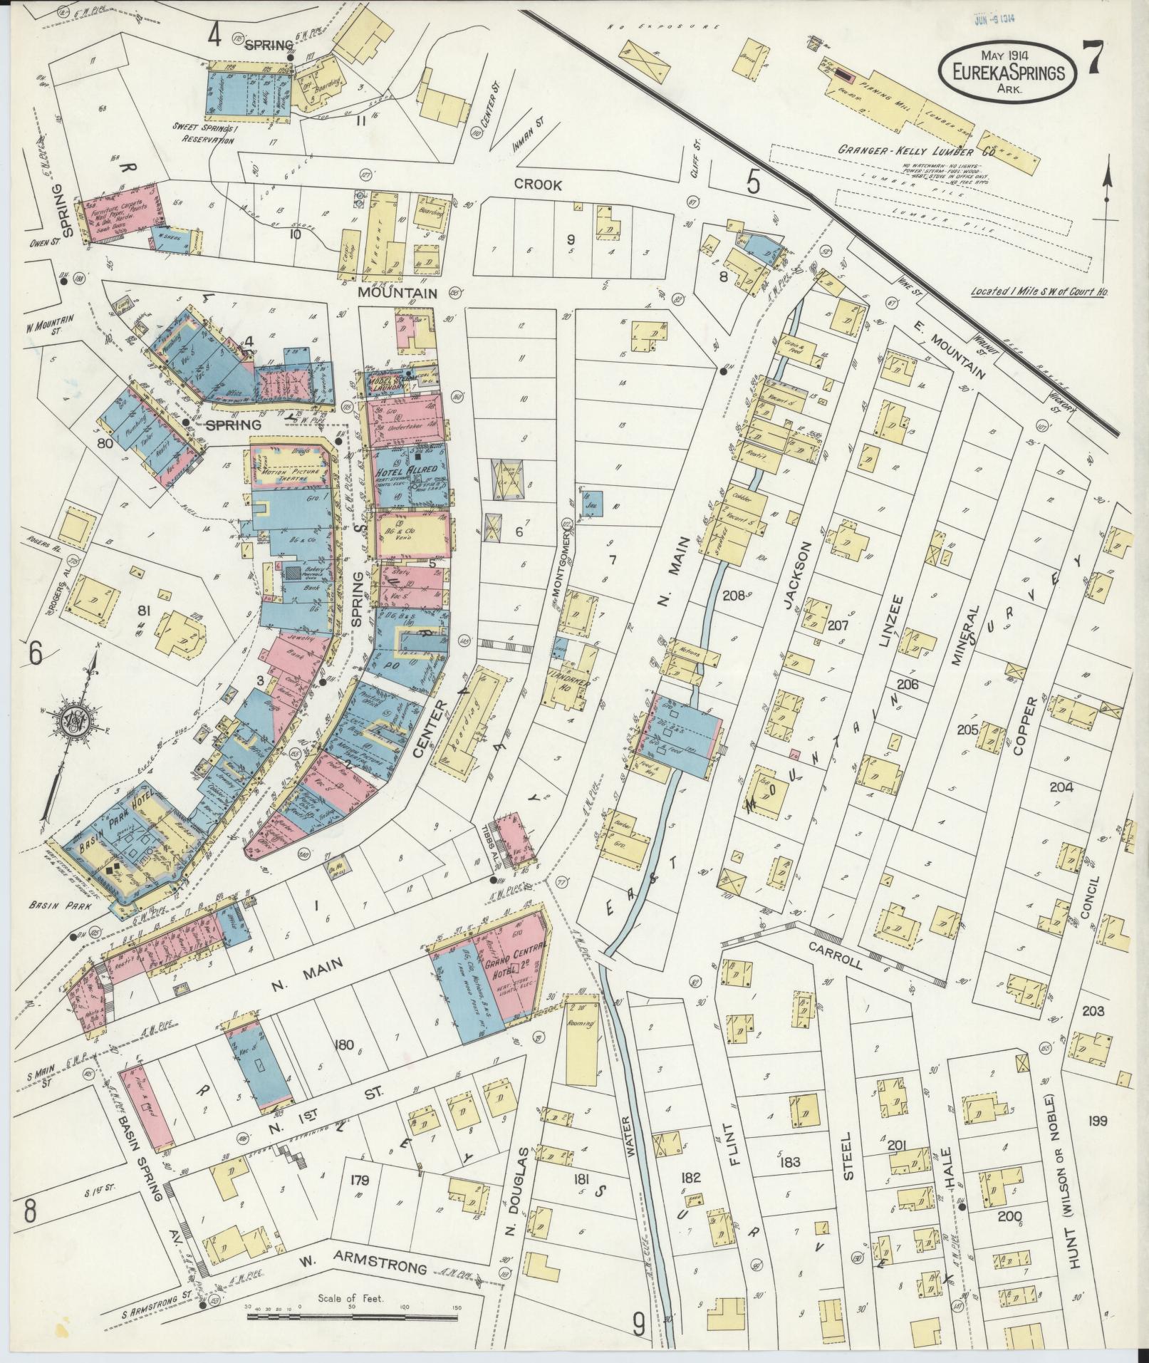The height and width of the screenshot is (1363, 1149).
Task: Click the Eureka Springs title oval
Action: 1006,71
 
